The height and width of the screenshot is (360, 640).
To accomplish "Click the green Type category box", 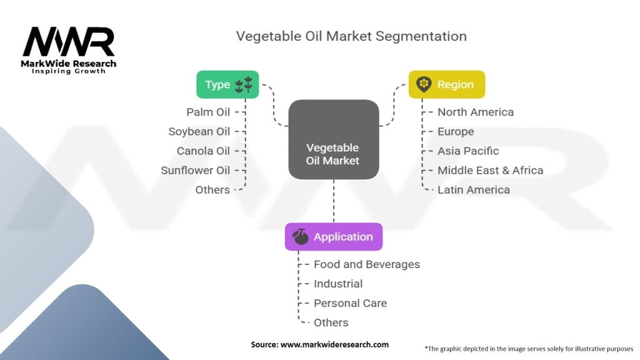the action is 227,84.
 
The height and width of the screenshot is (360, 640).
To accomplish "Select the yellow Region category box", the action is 446,84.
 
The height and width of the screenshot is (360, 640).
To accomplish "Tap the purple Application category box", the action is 333,237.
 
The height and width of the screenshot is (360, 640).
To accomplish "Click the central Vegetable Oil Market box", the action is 333,140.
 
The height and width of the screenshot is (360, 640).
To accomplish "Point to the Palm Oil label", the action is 208,112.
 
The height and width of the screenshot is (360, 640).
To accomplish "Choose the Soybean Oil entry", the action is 199,131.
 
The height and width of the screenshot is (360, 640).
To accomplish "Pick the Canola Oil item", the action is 203,151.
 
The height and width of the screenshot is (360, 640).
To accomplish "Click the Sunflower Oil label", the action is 196,170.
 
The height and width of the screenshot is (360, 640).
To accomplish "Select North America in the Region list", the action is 476,112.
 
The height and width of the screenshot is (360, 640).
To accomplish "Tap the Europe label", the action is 456,131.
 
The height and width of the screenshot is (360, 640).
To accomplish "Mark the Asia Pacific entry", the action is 468,151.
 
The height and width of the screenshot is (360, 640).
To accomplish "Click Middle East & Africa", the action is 490,170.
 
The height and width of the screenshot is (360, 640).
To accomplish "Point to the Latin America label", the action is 474,189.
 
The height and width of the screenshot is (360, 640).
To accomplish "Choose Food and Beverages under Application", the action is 367,264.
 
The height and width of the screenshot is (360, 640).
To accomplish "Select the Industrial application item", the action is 338,284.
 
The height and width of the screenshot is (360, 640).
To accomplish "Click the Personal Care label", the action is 350,303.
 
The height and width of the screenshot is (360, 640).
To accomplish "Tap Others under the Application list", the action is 331,322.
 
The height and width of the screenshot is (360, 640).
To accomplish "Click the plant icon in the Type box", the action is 244,84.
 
